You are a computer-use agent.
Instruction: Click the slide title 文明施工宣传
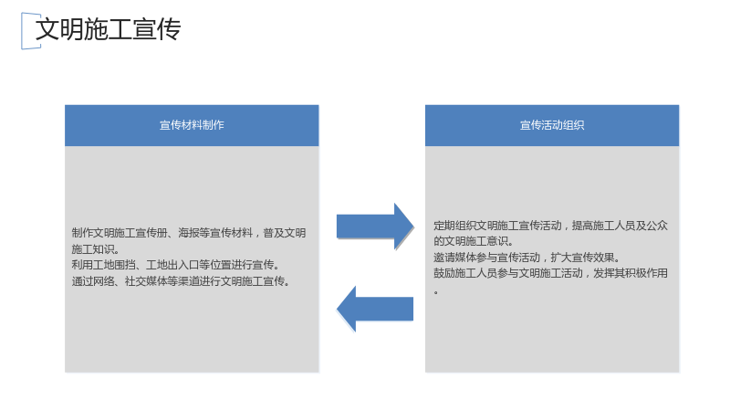pos(108,29)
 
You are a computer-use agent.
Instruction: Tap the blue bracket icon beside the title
pos(23,31)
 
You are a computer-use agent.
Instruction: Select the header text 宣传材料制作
pos(192,125)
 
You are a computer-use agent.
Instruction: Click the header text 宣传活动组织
pos(552,125)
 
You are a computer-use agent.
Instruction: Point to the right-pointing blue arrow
pos(375,227)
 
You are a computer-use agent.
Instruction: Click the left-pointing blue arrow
pos(375,309)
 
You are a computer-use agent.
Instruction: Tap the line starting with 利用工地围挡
pos(175,265)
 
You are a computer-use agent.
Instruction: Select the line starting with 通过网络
pos(181,281)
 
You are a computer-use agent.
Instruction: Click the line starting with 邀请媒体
pos(527,258)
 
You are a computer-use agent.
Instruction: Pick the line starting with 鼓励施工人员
pos(551,273)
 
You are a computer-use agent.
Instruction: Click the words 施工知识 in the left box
pos(92,248)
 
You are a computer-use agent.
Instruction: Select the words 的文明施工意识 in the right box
pos(471,241)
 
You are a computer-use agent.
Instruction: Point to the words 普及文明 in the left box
pos(285,233)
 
